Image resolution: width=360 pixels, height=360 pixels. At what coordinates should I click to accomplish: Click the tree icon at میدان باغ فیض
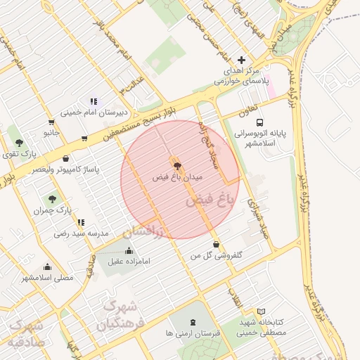(x=176, y=167)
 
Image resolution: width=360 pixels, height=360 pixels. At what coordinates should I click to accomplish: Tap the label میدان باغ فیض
(x=177, y=178)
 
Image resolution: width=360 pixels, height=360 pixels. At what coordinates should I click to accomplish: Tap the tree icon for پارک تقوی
(x=19, y=141)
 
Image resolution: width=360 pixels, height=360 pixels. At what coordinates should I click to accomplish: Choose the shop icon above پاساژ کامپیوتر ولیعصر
(x=66, y=159)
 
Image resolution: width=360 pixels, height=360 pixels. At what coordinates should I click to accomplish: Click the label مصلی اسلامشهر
(x=47, y=277)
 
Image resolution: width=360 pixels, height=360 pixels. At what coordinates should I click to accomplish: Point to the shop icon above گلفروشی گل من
(x=215, y=245)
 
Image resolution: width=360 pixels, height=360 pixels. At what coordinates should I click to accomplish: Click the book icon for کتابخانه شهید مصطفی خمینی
(x=262, y=311)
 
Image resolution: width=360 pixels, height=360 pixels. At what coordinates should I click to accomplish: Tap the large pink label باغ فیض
(x=209, y=201)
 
